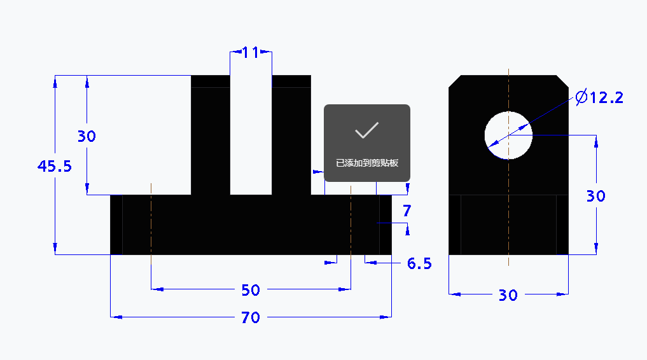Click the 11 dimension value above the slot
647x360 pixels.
tap(251, 52)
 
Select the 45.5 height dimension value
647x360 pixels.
tap(55, 167)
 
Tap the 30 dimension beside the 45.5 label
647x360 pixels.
tap(87, 136)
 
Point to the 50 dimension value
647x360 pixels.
tap(251, 290)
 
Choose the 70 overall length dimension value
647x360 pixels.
tap(251, 317)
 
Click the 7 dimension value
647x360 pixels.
tap(407, 211)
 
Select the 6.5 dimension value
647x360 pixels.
tap(419, 263)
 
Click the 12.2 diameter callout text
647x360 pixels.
tap(606, 98)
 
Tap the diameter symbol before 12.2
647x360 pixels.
tap(581, 97)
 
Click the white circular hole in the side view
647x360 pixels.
tap(508, 135)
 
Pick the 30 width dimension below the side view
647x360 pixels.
tap(508, 295)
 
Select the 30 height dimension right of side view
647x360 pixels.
tap(595, 197)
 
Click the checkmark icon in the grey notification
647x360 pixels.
tap(367, 130)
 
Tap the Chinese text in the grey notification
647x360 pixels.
tap(367, 163)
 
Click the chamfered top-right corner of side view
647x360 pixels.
tap(562, 81)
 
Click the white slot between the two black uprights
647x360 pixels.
tap(251, 140)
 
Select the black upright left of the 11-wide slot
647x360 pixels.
tap(210, 140)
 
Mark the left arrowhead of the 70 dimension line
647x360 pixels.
tap(115, 316)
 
